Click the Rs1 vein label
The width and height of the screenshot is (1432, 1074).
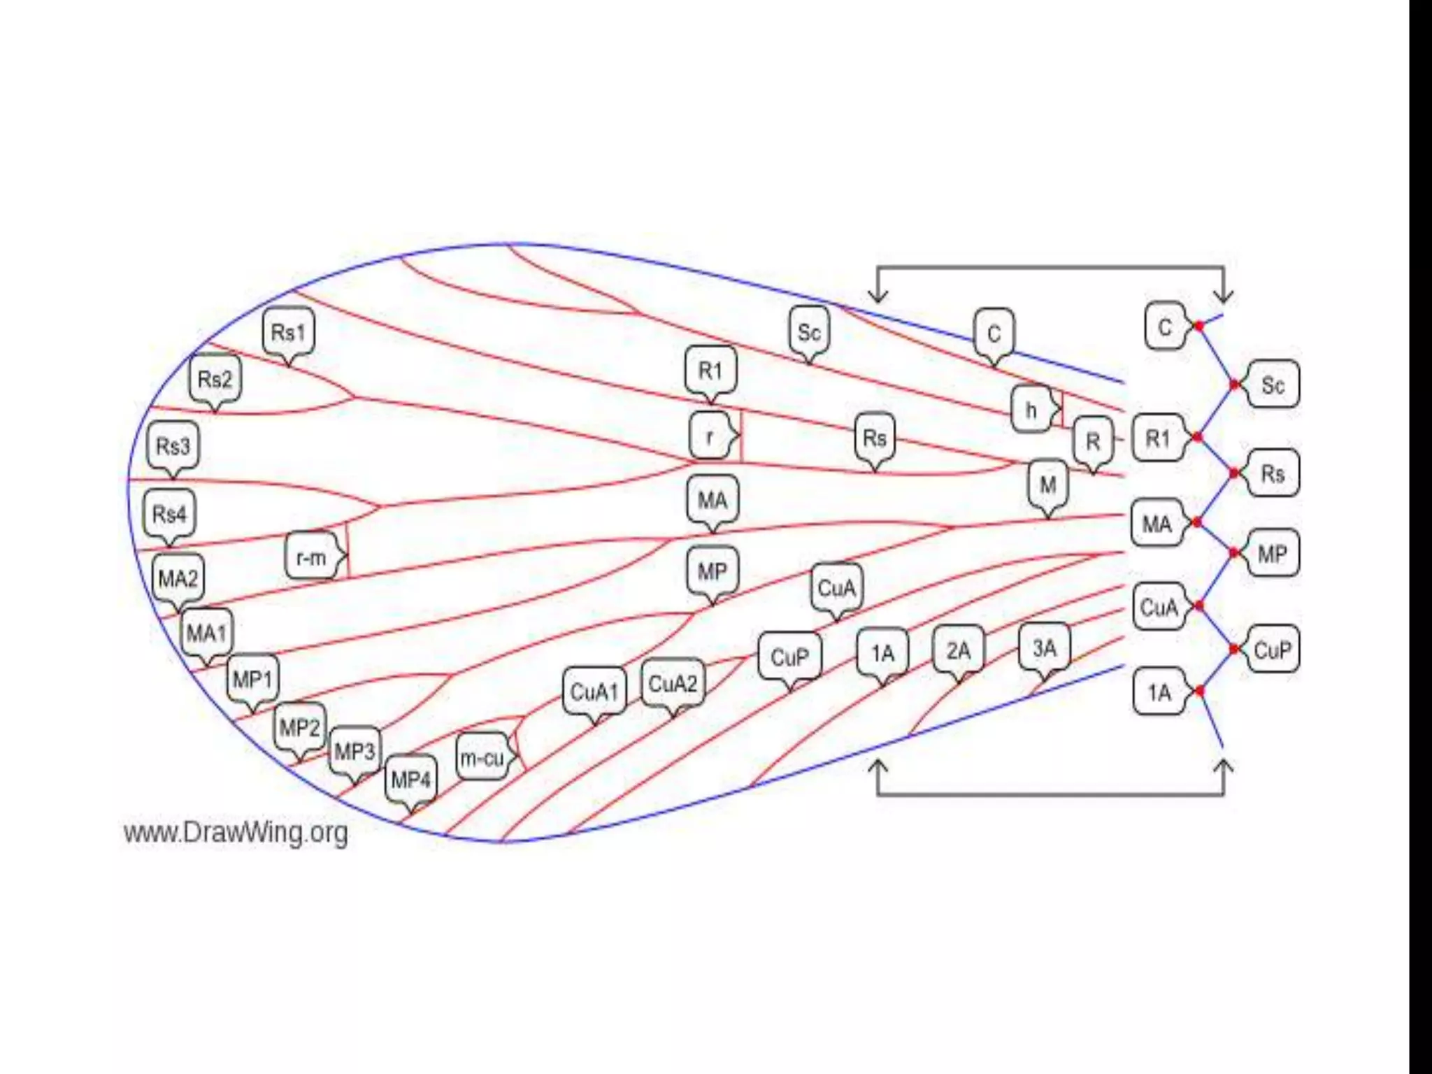click(x=288, y=332)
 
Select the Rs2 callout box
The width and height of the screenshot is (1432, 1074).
click(x=215, y=380)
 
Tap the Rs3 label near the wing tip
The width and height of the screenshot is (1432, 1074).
click(x=173, y=445)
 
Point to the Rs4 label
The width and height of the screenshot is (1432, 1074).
click(x=169, y=515)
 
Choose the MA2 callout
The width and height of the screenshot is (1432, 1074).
click(x=178, y=579)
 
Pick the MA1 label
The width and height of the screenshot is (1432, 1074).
click(x=207, y=633)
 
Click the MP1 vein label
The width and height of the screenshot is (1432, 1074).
click(x=252, y=679)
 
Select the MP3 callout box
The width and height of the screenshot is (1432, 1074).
click(x=355, y=752)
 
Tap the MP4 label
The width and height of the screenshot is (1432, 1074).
click(x=410, y=779)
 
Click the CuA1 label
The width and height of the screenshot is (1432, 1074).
click(x=594, y=692)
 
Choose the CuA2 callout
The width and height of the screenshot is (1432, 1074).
click(x=673, y=683)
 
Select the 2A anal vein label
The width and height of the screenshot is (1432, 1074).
click(x=959, y=651)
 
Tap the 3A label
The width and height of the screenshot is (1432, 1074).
click(x=1045, y=648)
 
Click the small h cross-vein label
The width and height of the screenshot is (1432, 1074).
click(x=1031, y=409)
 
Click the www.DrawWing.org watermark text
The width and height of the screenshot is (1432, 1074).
click(x=236, y=833)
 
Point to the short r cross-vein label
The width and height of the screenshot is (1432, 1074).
click(x=710, y=436)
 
